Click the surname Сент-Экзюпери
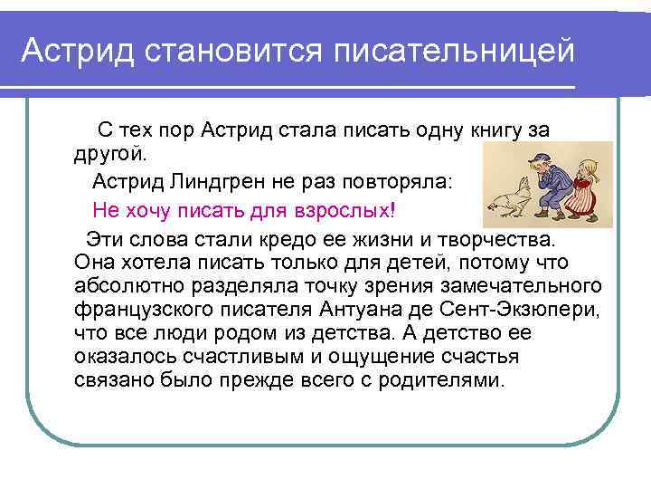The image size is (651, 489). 542,310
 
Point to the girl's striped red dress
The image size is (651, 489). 593,194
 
